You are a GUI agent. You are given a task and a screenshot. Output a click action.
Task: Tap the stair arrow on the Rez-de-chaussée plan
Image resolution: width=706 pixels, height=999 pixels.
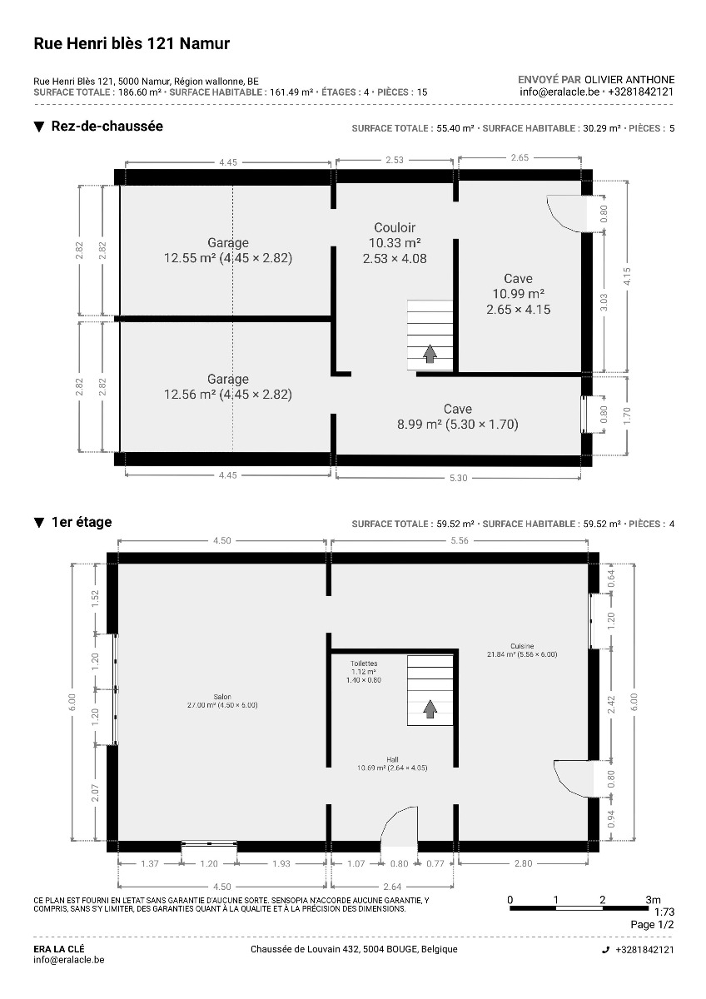pos(430,354)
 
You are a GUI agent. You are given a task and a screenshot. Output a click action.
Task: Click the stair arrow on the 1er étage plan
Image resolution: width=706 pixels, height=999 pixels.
pos(430,708)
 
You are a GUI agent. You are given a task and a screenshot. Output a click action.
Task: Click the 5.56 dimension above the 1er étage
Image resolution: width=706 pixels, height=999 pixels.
pos(460,540)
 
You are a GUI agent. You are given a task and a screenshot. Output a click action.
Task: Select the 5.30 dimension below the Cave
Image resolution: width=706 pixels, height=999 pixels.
pos(459,478)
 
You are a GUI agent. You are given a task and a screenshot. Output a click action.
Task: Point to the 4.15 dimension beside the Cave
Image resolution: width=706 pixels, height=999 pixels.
pos(627,276)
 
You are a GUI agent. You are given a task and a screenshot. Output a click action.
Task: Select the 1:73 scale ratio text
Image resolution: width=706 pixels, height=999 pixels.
pos(664,912)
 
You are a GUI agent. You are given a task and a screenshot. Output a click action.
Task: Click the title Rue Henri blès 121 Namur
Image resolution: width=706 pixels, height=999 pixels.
pos(132,43)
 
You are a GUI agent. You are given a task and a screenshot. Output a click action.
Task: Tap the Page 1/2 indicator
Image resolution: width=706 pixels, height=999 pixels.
pos(652,925)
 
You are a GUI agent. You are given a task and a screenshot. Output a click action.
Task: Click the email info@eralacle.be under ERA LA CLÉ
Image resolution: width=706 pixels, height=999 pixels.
pos(69,960)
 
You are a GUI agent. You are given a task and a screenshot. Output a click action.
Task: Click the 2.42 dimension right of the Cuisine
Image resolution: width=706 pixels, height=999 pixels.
pos(611,704)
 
